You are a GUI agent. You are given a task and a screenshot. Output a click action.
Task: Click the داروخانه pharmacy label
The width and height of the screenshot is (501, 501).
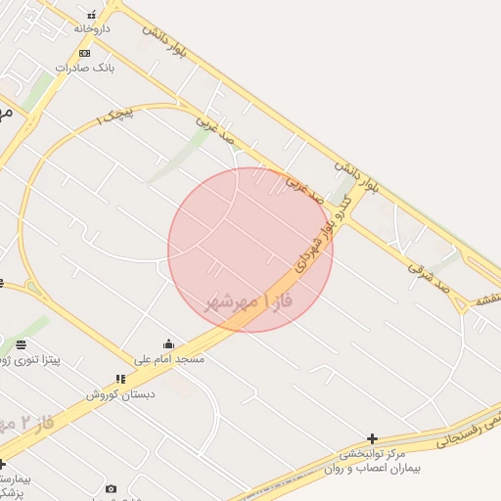[x=91, y=29]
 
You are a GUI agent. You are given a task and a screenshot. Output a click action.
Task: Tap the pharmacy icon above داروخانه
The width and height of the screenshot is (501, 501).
[x=91, y=16]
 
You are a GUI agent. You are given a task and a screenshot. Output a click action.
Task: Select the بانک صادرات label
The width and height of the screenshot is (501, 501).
[x=85, y=68]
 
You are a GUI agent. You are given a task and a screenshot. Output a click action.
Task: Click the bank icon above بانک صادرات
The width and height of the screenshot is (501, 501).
[x=85, y=53]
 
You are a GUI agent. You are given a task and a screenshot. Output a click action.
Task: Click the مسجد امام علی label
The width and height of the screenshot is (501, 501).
[x=169, y=359]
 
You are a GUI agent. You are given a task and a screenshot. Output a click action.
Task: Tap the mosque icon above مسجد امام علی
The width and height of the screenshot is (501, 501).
[x=169, y=344]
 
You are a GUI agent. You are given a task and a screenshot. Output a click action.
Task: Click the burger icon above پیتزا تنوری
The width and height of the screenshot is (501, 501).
[x=21, y=345]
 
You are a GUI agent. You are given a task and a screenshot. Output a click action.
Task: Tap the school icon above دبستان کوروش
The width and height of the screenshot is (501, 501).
[x=120, y=379]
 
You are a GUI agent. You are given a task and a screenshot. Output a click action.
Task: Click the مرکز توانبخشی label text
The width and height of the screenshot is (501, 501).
[x=372, y=454]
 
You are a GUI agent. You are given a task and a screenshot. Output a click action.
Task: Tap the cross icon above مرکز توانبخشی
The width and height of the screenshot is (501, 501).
[x=372, y=439]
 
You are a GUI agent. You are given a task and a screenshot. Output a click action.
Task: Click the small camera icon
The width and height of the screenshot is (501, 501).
[x=111, y=488]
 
